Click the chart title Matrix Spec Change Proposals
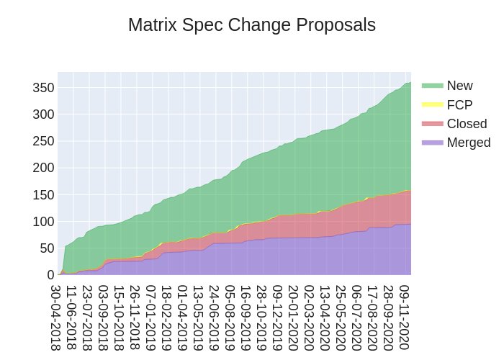click(252, 25)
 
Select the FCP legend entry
click(459, 105)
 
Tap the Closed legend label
click(467, 124)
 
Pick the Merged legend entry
click(468, 143)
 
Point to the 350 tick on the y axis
click(43, 88)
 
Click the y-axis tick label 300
click(43, 114)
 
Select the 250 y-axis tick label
click(43, 141)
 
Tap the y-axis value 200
click(43, 168)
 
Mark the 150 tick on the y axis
click(43, 195)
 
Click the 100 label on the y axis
click(43, 222)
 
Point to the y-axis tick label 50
click(47, 248)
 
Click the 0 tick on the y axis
click(50, 275)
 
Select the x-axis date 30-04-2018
click(55, 318)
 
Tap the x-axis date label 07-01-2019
click(150, 318)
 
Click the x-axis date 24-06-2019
click(214, 318)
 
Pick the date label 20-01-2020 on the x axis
click(293, 318)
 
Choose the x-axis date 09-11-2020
click(404, 318)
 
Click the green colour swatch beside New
click(433, 86)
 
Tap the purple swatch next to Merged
click(433, 143)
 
